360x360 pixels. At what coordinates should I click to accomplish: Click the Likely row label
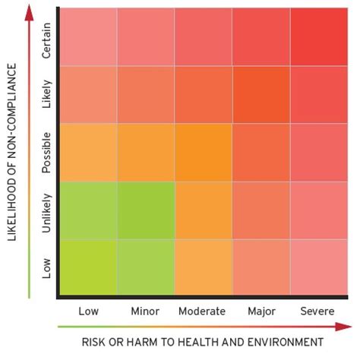coord(47,95)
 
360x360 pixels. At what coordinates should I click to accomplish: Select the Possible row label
coord(47,153)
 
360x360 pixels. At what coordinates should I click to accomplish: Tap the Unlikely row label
coord(47,211)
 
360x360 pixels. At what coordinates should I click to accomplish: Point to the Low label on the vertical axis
coord(47,269)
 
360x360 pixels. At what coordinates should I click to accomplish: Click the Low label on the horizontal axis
coord(89,311)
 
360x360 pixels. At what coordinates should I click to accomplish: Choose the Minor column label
coord(144,311)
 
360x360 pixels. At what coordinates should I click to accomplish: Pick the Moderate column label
coord(202,311)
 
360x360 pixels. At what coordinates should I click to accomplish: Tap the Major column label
coord(261,311)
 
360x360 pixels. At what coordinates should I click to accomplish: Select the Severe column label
coord(318,311)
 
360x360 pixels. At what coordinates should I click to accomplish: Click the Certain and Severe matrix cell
coord(320,36)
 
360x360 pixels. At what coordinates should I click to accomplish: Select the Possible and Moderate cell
coord(204,153)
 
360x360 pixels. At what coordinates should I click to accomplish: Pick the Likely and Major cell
coord(261,95)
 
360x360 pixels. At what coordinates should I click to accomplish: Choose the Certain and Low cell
coord(88,36)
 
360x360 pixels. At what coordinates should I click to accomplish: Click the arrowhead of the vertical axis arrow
coord(29,11)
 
